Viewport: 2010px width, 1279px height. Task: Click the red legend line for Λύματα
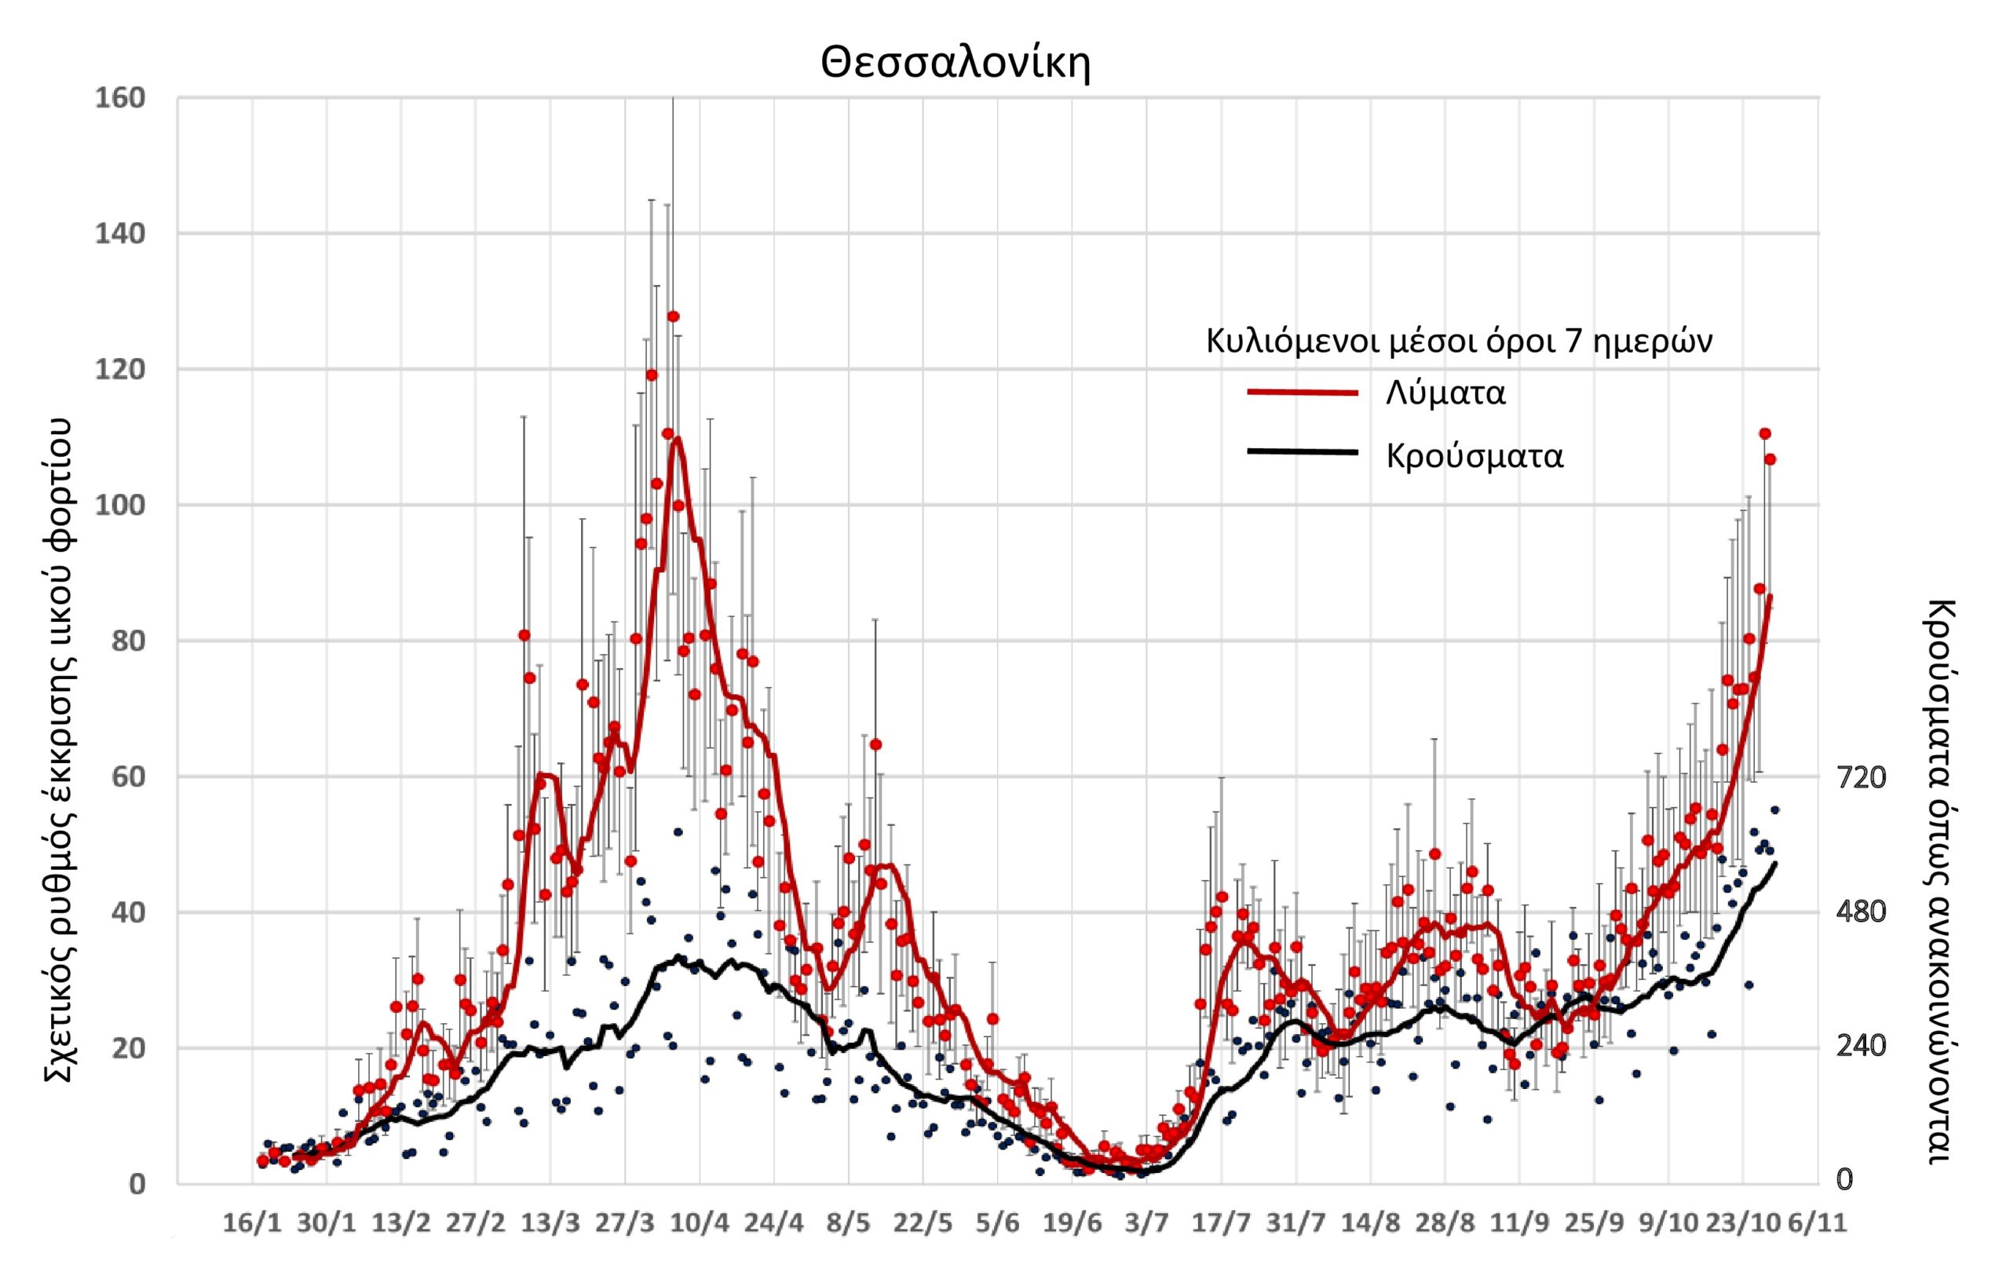(1302, 393)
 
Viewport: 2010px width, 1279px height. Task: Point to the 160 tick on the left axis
(121, 98)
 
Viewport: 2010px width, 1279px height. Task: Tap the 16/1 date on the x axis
(251, 1224)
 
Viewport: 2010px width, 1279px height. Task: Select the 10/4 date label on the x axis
(700, 1224)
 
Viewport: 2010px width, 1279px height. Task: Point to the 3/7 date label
(1147, 1224)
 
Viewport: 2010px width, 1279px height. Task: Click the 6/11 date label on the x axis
(1816, 1224)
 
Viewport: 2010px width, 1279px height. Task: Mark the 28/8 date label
(1445, 1224)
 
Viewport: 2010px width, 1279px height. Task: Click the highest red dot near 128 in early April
(673, 316)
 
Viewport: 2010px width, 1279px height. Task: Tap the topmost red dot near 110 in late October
(1764, 433)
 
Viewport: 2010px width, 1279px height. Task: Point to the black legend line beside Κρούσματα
(1302, 451)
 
